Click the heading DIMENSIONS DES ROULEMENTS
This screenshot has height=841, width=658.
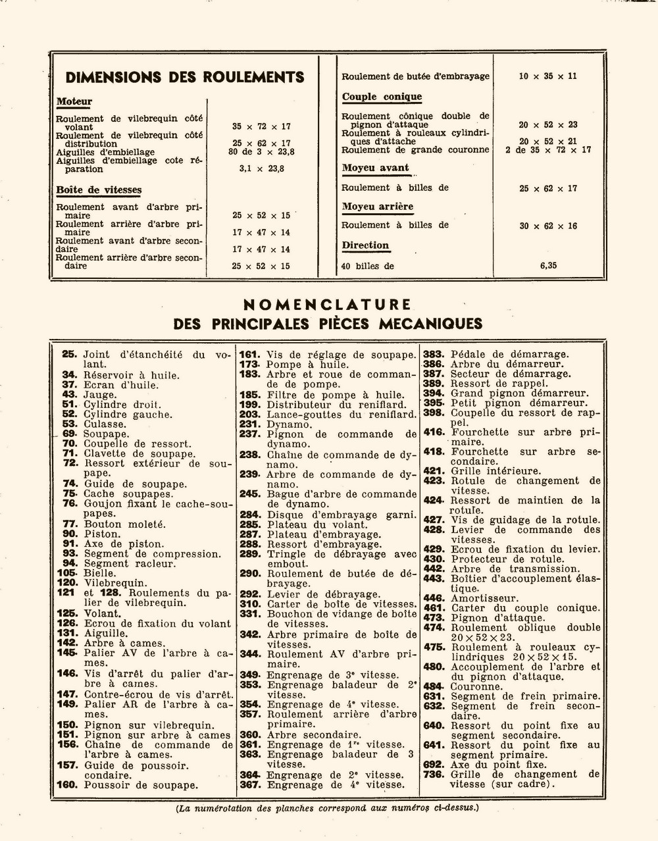[x=185, y=77]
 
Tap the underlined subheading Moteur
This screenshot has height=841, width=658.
[x=74, y=102]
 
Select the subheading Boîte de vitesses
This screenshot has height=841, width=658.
[x=99, y=190]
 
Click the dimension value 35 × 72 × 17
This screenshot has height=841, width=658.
[x=261, y=126]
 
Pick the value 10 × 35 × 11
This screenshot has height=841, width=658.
[x=547, y=76]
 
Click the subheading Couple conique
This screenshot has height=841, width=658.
[x=382, y=97]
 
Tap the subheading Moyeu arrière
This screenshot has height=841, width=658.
[x=378, y=207]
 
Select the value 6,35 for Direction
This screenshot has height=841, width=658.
[x=548, y=266]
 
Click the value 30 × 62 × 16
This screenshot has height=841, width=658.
[x=548, y=226]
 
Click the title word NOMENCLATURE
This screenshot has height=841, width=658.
[x=327, y=305]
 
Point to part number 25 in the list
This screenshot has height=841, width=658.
[x=70, y=354]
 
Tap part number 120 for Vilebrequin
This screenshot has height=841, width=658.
[x=68, y=583]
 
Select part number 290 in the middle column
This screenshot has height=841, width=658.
[x=250, y=574]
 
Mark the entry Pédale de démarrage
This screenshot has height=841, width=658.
[x=509, y=354]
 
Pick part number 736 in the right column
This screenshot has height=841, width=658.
[x=434, y=775]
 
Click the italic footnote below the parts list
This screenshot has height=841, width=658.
[x=327, y=808]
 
